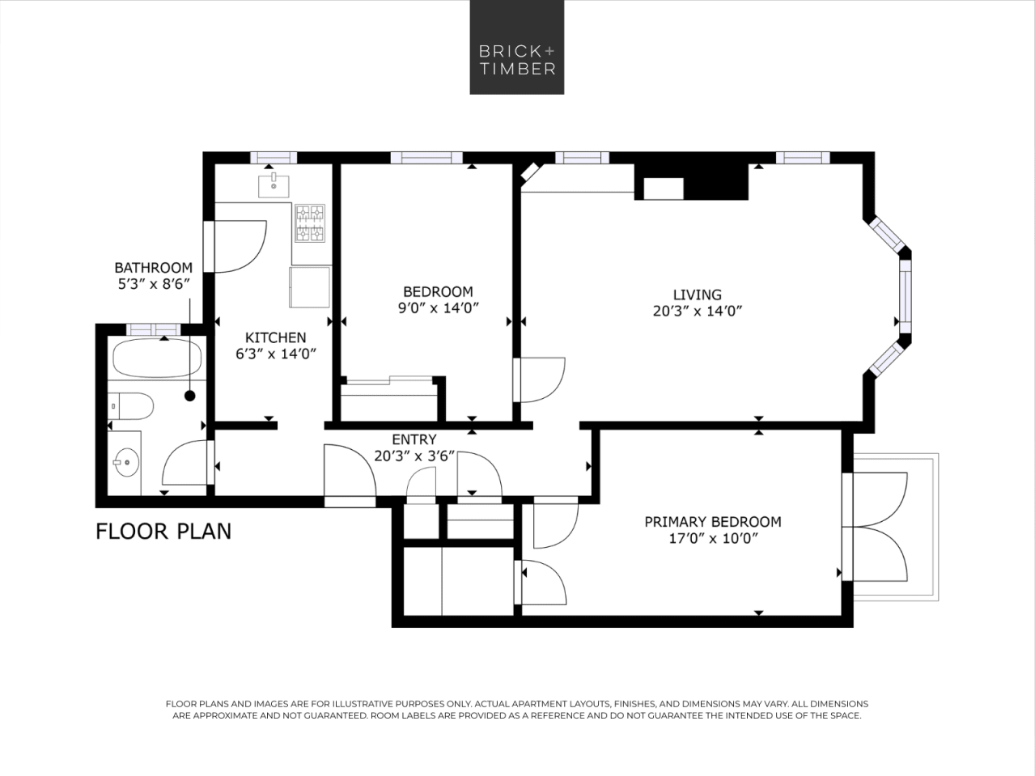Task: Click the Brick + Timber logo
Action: coord(516,47)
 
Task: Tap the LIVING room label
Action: coord(697,295)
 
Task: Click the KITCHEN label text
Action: coord(275,337)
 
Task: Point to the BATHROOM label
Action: coord(153,268)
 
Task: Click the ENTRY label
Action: coord(414,439)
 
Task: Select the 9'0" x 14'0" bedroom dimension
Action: coord(438,308)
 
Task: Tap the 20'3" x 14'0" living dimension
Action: coord(697,311)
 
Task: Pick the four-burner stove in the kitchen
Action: coord(309,223)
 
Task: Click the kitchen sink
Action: coord(274,185)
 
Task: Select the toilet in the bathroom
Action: coord(132,405)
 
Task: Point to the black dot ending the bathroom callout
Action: coord(190,396)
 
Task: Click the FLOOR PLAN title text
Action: coord(163,532)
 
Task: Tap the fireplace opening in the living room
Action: coord(663,189)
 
